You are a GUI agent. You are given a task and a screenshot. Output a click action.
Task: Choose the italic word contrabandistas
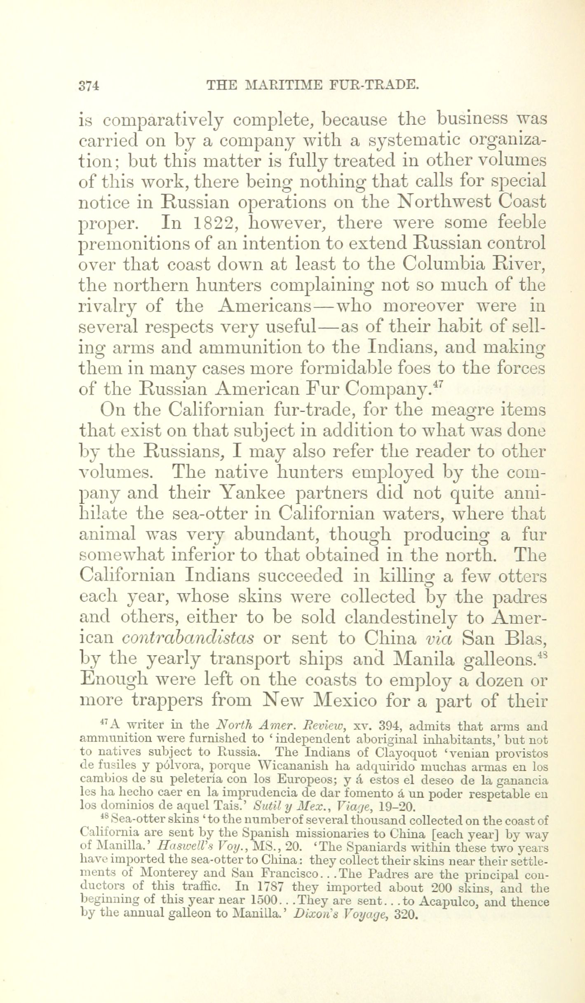pyautogui.click(x=188, y=638)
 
